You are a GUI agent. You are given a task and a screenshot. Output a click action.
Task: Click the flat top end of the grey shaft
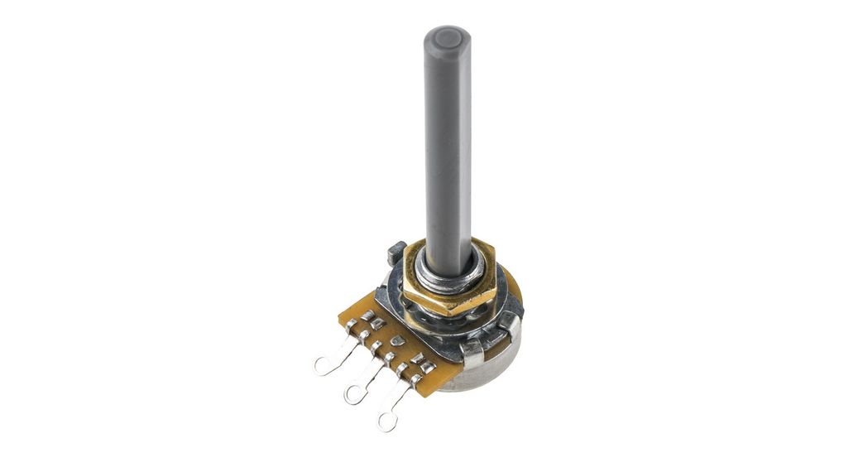447,37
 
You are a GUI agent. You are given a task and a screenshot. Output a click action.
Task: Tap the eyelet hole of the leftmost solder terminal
323,364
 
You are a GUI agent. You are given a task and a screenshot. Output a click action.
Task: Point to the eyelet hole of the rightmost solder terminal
386,421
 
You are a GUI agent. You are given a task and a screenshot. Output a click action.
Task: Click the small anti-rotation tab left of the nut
396,251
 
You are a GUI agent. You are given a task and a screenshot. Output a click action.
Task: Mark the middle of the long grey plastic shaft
447,141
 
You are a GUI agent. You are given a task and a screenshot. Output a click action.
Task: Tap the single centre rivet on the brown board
398,340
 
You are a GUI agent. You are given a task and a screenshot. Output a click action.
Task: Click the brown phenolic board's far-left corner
340,315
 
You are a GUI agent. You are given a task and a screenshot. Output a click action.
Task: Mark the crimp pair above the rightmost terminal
422,365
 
